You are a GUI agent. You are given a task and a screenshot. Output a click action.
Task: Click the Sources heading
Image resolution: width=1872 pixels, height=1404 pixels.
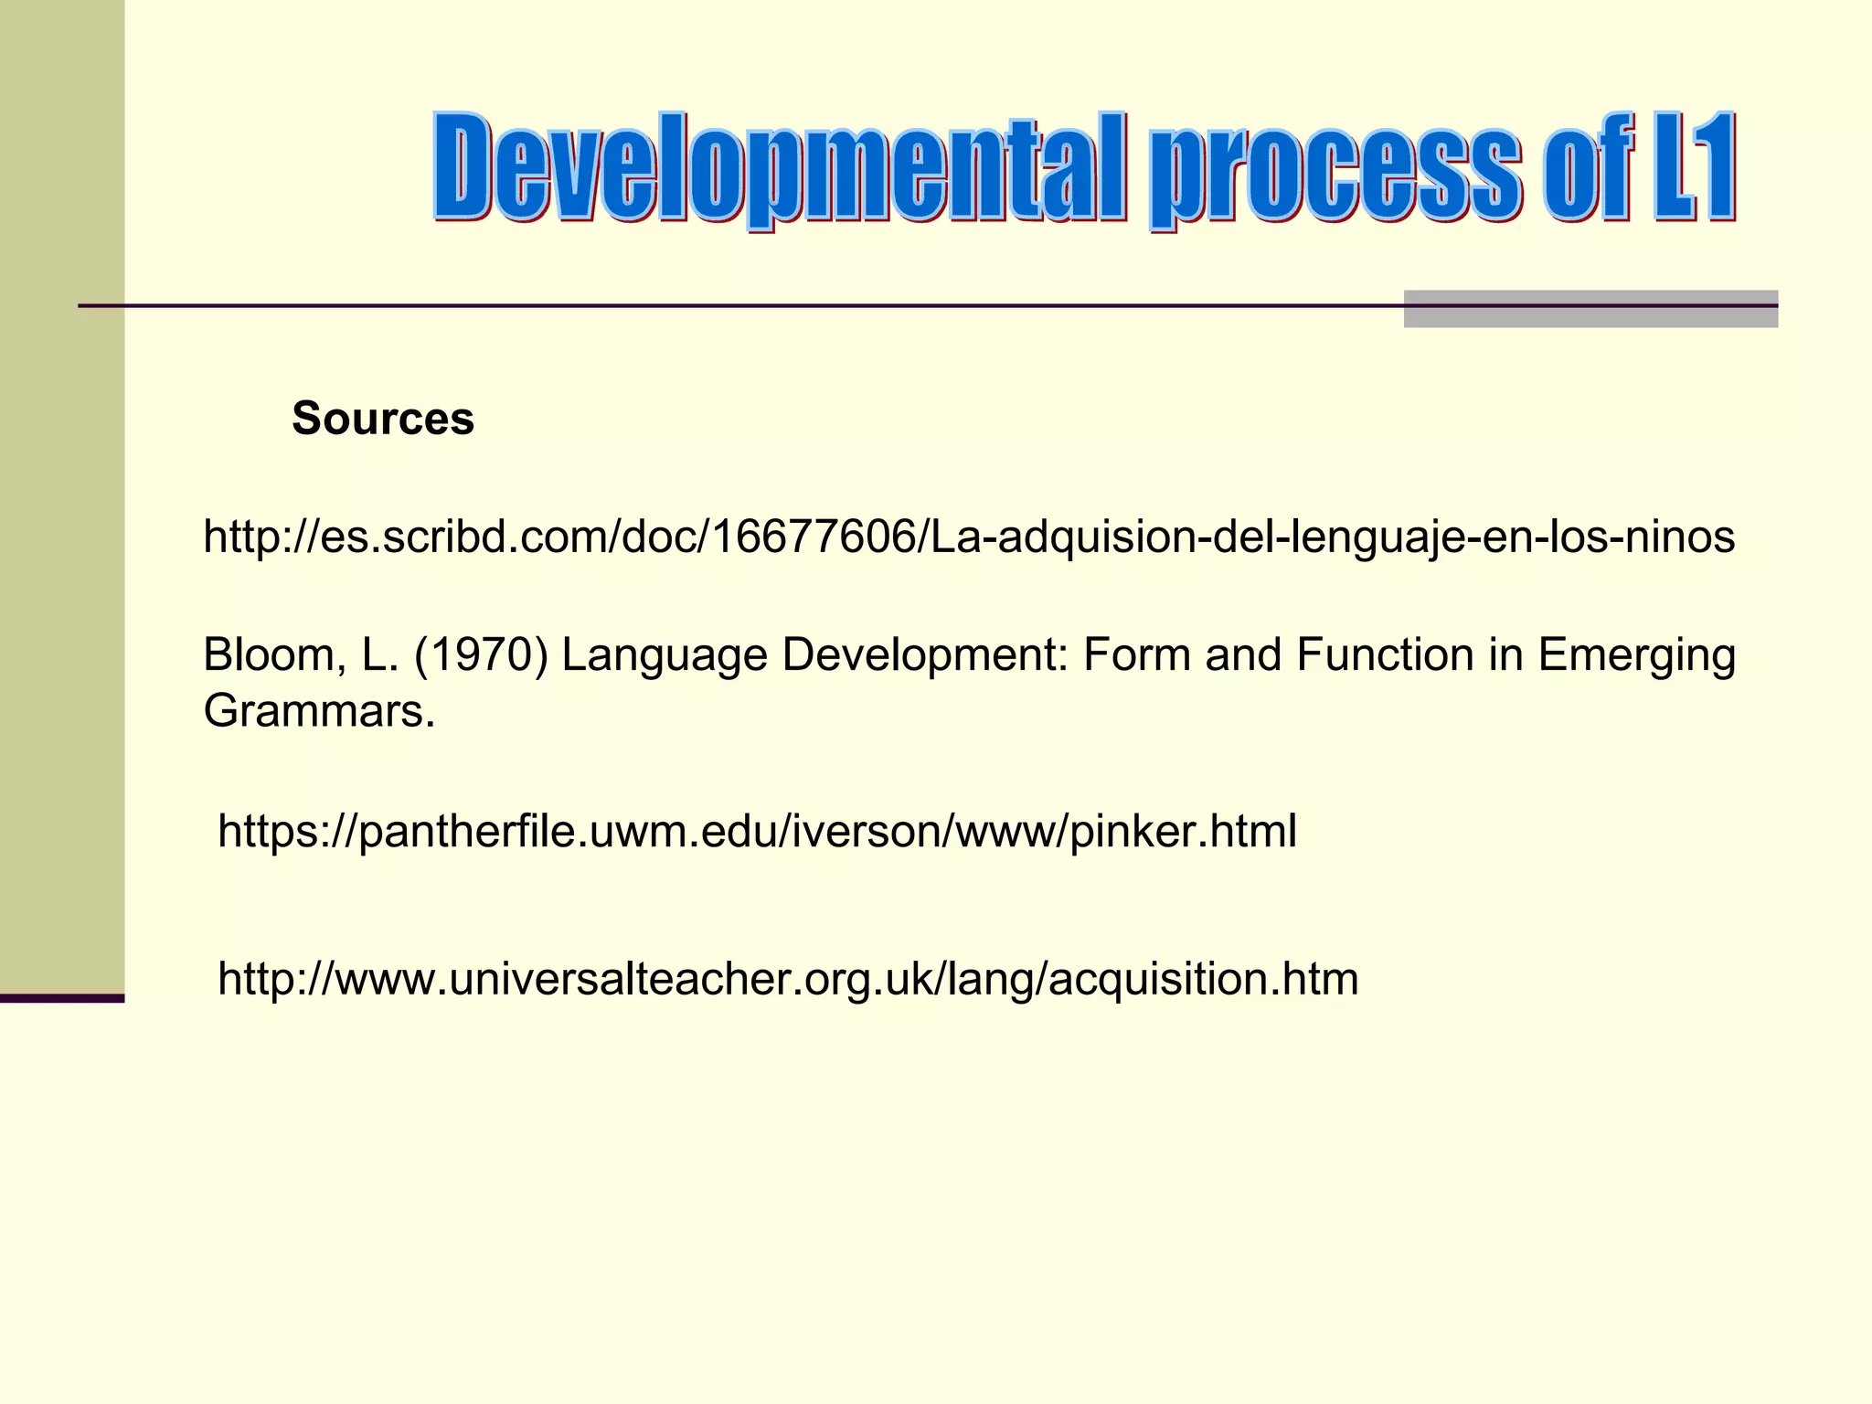(x=383, y=419)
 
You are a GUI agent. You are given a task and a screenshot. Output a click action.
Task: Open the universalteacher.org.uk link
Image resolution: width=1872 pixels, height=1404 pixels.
(x=788, y=979)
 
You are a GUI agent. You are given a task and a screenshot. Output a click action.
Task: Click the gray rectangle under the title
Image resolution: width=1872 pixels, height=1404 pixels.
(x=1590, y=309)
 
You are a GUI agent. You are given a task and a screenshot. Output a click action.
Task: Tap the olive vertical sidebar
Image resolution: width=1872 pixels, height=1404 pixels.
(x=62, y=494)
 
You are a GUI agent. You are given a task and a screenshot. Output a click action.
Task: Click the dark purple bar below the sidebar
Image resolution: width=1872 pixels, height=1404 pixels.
(x=62, y=998)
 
